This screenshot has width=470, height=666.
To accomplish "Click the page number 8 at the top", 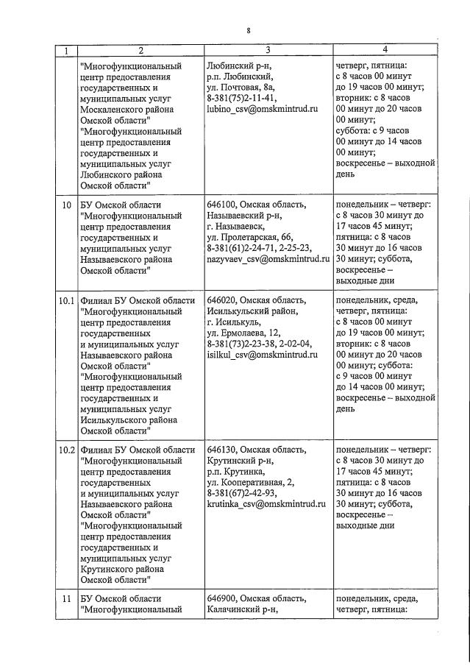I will [249, 31].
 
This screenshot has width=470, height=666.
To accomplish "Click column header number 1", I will [67, 51].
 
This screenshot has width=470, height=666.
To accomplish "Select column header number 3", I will [268, 50].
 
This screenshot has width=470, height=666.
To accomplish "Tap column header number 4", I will [385, 49].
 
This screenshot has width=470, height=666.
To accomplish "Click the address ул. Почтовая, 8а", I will [241, 86].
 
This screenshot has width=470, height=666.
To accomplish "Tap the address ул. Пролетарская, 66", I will [249, 238].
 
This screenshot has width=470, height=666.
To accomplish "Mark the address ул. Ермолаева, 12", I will [245, 332].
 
